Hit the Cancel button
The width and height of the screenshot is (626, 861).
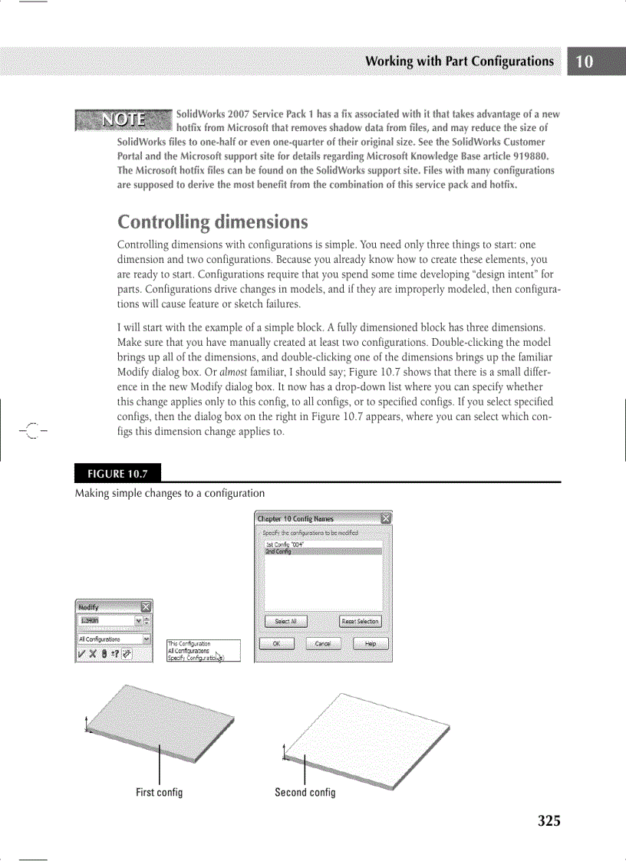pyautogui.click(x=323, y=644)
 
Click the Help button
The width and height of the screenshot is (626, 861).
pyautogui.click(x=371, y=644)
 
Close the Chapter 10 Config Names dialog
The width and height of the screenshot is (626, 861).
pyautogui.click(x=386, y=518)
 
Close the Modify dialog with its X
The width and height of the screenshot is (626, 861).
pyautogui.click(x=146, y=607)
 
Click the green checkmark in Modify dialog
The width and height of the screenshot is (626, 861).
pyautogui.click(x=81, y=654)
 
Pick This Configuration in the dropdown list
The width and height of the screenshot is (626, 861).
pyautogui.click(x=189, y=644)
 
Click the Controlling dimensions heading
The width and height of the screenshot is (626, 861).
pyautogui.click(x=213, y=222)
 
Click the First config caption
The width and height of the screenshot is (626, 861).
pyautogui.click(x=159, y=792)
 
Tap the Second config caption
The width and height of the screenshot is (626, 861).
pyautogui.click(x=305, y=792)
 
